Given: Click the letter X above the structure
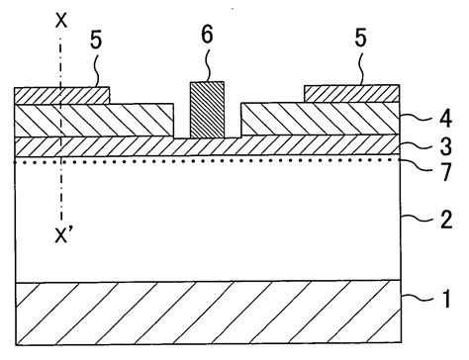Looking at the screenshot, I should [x=62, y=20].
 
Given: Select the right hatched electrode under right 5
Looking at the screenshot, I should [x=350, y=94].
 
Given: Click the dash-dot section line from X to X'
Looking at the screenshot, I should [x=62, y=188].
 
